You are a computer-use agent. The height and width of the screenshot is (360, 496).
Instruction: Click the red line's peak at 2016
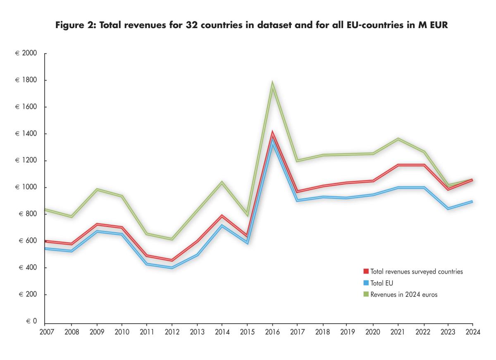[x=272, y=134]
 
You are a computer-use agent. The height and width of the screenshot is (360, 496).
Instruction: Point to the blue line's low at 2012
[x=172, y=268]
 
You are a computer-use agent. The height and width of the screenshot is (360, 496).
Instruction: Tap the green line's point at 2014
[x=222, y=182]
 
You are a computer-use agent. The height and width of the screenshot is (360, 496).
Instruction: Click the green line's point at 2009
[x=97, y=189]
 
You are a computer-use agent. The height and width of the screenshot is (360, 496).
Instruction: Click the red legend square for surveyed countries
[x=366, y=272]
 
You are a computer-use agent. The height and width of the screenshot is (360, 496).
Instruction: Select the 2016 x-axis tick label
[x=272, y=331]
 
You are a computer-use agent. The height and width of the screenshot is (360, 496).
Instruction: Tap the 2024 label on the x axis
[x=472, y=331]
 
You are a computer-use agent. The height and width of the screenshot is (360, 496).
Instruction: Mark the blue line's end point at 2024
[x=472, y=202]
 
